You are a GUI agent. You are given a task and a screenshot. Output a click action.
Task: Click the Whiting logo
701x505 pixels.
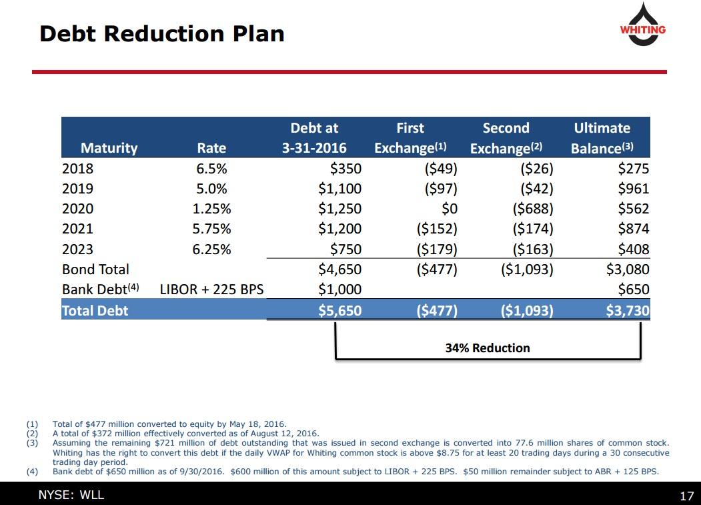pos(643,25)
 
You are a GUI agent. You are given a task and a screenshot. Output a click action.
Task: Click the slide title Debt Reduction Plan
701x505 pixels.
pos(162,33)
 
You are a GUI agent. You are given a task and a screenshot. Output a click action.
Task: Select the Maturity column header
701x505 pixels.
pos(109,147)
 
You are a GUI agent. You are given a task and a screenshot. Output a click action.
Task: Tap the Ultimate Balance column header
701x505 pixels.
pos(602,137)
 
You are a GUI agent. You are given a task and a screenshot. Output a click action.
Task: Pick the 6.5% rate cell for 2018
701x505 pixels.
pos(211,169)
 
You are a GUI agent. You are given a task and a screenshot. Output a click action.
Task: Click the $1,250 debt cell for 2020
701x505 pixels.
pos(339,209)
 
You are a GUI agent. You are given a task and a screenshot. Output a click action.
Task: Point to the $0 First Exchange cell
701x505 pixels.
pos(445,209)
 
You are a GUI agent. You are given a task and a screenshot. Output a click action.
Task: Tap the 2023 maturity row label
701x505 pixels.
pos(77,249)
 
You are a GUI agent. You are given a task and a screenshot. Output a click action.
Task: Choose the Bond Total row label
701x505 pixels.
pos(95,270)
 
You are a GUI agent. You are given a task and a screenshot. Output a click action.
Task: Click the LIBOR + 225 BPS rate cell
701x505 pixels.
pos(211,290)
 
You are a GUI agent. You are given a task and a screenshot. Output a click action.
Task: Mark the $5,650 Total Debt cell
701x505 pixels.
pos(339,310)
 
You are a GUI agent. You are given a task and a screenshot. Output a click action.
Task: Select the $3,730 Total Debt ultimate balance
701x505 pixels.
pos(627,310)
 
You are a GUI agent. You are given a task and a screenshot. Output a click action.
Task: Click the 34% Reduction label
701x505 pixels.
pos(488,348)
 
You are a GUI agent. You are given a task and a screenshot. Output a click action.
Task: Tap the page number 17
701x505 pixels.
pos(686,496)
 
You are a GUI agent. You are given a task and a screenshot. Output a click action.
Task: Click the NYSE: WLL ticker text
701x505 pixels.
pos(71,495)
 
